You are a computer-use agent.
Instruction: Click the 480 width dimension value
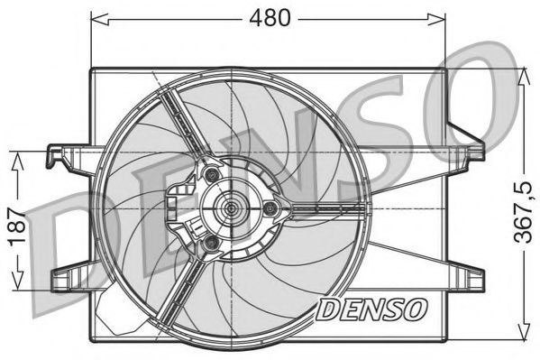point(270,18)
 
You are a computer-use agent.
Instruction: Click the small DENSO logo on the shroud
point(371,309)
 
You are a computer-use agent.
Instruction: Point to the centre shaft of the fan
point(232,209)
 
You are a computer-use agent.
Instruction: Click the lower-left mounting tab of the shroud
point(68,273)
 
